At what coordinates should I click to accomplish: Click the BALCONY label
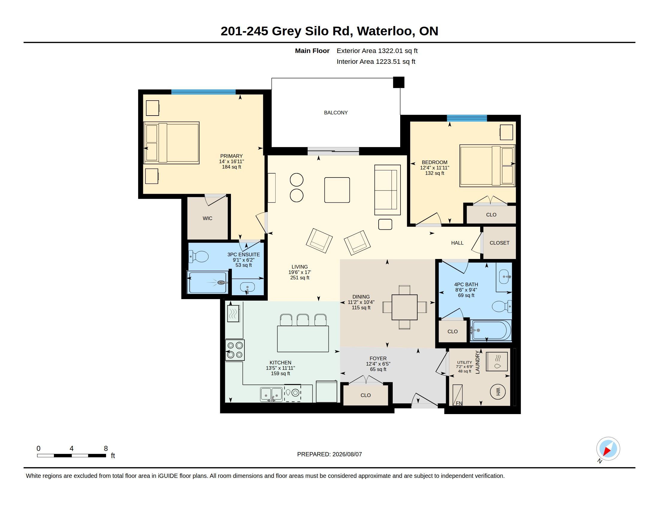pyautogui.click(x=335, y=113)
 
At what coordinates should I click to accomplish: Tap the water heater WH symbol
pyautogui.click(x=498, y=391)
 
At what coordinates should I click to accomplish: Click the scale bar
pyautogui.click(x=72, y=455)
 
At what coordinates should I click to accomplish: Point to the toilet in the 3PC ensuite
pyautogui.click(x=199, y=257)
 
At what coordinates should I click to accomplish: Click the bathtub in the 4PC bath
pyautogui.click(x=491, y=331)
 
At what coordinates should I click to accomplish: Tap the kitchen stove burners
pyautogui.click(x=235, y=350)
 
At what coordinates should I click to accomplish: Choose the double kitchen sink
pyautogui.click(x=271, y=394)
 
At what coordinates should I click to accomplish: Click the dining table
pyautogui.click(x=404, y=307)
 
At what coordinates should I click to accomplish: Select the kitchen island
pyautogui.click(x=303, y=339)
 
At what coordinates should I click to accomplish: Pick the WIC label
pyautogui.click(x=207, y=218)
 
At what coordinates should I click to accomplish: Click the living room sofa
pyautogui.click(x=387, y=190)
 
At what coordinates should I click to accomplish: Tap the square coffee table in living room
pyautogui.click(x=337, y=190)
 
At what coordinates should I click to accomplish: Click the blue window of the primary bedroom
pyautogui.click(x=203, y=92)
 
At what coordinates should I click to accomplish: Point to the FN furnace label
pyautogui.click(x=459, y=403)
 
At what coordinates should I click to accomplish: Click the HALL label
pyautogui.click(x=457, y=243)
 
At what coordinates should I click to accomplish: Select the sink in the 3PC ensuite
pyautogui.click(x=247, y=288)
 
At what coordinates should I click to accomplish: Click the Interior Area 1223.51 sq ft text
pyautogui.click(x=376, y=61)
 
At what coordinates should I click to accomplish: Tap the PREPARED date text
pyautogui.click(x=329, y=454)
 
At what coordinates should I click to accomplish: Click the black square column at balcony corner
pyautogui.click(x=399, y=82)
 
